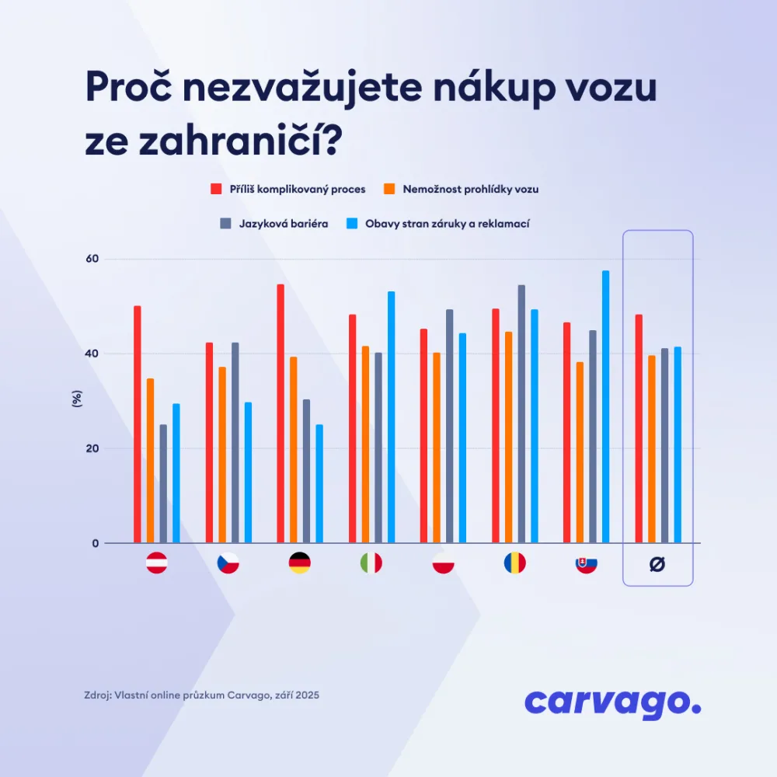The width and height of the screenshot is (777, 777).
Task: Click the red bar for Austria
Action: (x=138, y=424)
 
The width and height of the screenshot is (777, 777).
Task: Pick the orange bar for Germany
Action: (x=293, y=450)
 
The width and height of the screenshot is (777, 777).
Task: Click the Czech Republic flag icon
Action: (x=228, y=563)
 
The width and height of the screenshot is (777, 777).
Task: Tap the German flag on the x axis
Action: (x=300, y=563)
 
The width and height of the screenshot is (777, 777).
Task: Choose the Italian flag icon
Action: (x=371, y=563)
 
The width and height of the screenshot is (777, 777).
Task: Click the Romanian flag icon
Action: (x=514, y=563)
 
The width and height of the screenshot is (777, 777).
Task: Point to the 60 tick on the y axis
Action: (x=92, y=259)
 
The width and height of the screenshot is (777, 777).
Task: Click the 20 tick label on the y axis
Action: (x=92, y=448)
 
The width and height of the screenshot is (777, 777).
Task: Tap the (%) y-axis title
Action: (x=77, y=400)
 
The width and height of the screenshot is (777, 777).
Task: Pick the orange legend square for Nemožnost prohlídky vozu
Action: (x=390, y=189)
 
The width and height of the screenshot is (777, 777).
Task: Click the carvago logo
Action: (x=612, y=702)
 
